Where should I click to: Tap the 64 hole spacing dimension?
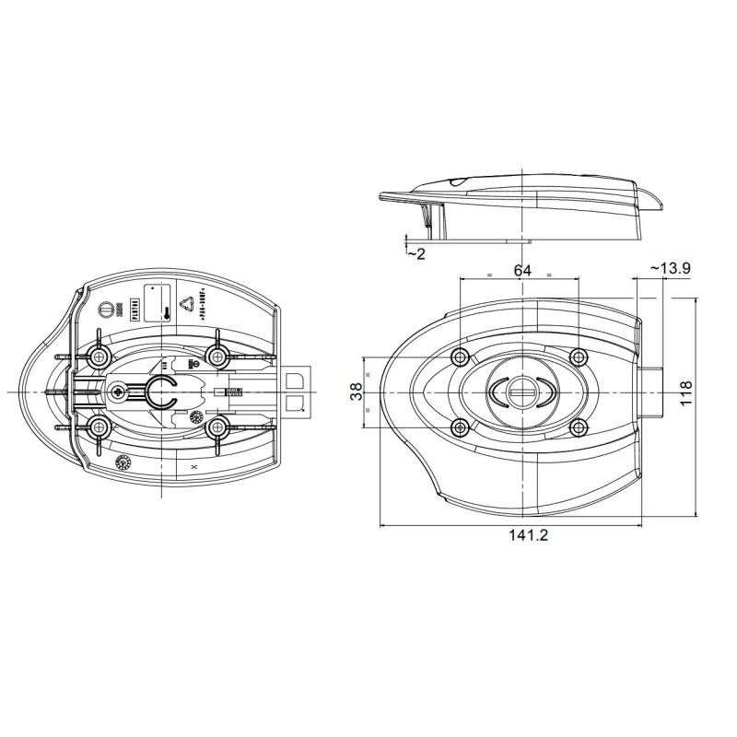(522, 270)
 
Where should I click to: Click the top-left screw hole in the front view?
(461, 357)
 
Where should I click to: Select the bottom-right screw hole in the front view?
(578, 426)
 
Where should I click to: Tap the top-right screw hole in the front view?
(578, 357)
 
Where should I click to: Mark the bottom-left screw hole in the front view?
(461, 426)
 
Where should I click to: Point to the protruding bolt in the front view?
(650, 392)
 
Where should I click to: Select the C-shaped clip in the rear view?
(163, 392)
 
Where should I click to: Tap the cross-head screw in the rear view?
(118, 392)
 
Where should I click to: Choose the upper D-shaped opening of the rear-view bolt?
(297, 380)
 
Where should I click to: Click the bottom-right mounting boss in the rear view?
(218, 427)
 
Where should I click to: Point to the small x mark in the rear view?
(192, 468)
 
